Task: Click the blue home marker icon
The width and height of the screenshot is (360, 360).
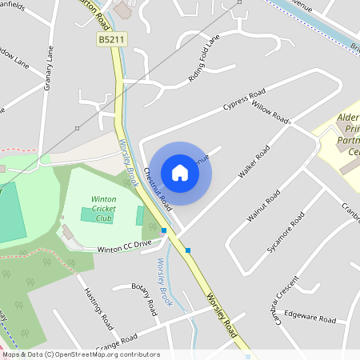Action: pyautogui.click(x=180, y=172)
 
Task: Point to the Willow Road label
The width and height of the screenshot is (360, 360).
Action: pyautogui.click(x=270, y=112)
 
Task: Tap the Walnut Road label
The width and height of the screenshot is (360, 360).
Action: pyautogui.click(x=263, y=205)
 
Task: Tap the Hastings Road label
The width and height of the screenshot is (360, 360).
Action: pyautogui.click(x=98, y=308)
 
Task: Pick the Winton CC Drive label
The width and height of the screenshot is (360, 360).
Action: pyautogui.click(x=124, y=247)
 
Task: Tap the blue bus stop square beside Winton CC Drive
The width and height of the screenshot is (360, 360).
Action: pyautogui.click(x=164, y=230)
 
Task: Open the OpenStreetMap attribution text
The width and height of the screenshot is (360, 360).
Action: pyautogui.click(x=80, y=354)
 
